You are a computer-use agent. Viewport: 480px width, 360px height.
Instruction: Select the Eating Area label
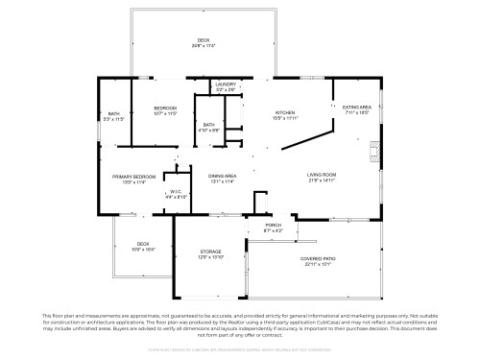pos(357,108)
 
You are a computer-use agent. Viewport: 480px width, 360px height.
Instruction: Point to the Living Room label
pos(321,174)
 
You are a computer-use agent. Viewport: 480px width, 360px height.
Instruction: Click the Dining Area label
pos(223,176)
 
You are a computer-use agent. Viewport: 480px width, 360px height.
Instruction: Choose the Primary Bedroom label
pos(134,177)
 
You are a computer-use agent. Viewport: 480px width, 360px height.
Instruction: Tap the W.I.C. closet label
pos(177,191)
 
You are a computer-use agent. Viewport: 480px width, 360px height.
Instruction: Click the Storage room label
pos(197,252)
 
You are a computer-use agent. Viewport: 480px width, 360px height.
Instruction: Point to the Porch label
pos(274,227)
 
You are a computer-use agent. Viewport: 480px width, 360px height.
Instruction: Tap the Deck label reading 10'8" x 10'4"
pos(142,244)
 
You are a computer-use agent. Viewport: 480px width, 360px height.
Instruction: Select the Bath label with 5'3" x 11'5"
pos(113,113)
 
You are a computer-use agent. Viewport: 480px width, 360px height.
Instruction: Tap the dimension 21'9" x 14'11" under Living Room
pos(321,180)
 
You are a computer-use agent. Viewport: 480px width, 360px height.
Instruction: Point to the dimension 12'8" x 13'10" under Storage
pos(197,258)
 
